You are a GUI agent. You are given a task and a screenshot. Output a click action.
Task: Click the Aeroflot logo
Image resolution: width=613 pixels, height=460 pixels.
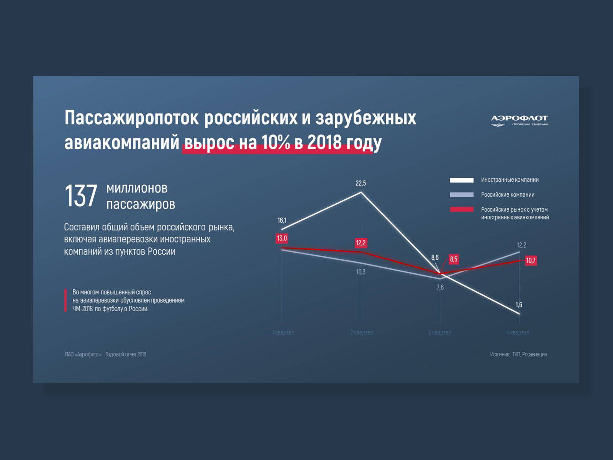(519, 120)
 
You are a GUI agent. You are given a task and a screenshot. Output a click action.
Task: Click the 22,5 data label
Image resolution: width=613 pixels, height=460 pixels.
(361, 183)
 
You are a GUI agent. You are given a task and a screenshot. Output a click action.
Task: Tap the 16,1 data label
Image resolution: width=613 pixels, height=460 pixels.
(282, 220)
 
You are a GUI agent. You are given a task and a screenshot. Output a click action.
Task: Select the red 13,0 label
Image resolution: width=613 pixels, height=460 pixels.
(282, 238)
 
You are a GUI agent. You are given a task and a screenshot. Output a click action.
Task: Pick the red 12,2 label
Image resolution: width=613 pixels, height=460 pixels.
(361, 243)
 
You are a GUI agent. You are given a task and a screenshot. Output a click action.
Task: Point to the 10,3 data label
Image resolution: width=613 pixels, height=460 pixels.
(361, 272)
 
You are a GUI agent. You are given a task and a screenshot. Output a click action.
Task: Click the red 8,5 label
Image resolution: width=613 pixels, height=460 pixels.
(453, 260)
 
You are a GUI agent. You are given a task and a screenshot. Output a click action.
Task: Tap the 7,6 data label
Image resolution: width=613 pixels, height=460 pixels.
(440, 287)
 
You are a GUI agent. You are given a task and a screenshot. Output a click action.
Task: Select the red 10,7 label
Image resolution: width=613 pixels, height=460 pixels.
(531, 261)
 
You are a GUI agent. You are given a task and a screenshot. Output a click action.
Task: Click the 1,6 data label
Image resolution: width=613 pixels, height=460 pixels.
(519, 305)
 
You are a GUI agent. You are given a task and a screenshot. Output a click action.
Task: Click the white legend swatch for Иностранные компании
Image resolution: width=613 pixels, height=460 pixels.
(462, 180)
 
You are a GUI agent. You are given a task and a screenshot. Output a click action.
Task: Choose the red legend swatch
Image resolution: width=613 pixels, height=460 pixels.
(462, 209)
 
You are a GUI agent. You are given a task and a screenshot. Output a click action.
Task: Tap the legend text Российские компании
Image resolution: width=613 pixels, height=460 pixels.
(508, 195)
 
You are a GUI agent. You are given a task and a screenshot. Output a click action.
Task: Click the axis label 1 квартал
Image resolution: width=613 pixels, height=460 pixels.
(283, 332)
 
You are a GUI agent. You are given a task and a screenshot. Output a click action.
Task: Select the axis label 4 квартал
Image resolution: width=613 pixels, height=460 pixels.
(518, 332)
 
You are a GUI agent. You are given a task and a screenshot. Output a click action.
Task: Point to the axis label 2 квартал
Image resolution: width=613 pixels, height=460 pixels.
(361, 332)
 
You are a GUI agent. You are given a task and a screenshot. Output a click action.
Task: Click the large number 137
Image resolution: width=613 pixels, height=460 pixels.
(81, 196)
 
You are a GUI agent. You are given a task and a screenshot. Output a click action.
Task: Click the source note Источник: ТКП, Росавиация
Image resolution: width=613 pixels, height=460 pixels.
(518, 354)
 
